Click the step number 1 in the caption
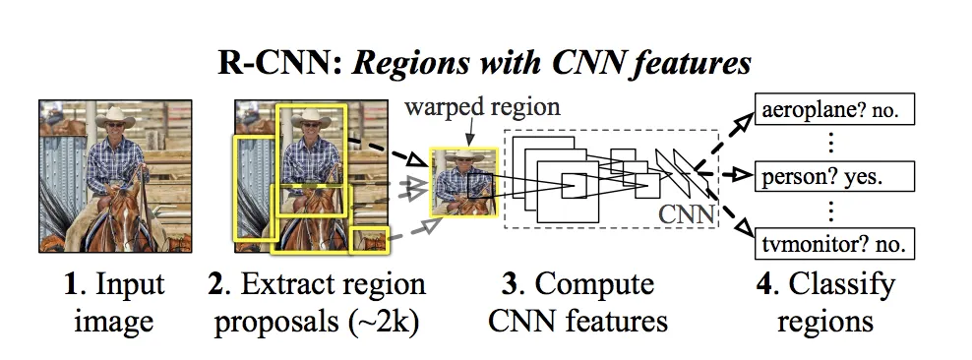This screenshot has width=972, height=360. click(70, 287)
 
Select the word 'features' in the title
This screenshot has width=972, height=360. click(690, 65)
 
